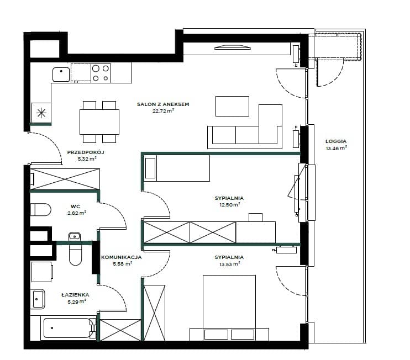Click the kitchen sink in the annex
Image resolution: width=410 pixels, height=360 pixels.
(61, 75)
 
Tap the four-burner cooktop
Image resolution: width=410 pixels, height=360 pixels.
(101, 73)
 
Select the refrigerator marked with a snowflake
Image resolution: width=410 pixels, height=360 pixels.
(41, 113)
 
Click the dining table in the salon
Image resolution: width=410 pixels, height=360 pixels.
(99, 121)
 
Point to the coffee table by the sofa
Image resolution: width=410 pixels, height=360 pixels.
(232, 106)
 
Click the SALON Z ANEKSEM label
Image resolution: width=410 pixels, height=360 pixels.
(163, 104)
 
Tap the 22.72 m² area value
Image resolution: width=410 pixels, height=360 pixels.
(163, 111)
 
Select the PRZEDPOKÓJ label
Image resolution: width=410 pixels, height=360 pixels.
(86, 152)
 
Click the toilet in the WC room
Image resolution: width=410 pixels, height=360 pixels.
(40, 209)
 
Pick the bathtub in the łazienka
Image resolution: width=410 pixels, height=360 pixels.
(67, 328)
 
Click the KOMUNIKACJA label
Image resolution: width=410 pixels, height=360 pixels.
(122, 257)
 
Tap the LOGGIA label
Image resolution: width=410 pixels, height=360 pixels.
(336, 141)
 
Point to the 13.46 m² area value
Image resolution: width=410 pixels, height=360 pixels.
(337, 148)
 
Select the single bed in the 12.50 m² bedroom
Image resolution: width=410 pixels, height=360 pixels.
(176, 168)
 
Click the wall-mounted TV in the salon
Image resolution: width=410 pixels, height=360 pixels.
(233, 47)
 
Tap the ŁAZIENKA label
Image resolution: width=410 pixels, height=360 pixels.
(75, 295)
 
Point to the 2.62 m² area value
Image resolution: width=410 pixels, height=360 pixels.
(77, 213)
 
